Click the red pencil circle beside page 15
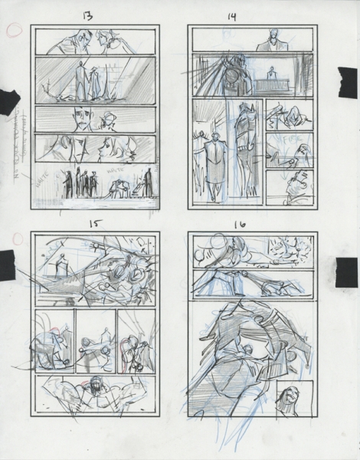[x=13, y=240]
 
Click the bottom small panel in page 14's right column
[x=288, y=188]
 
